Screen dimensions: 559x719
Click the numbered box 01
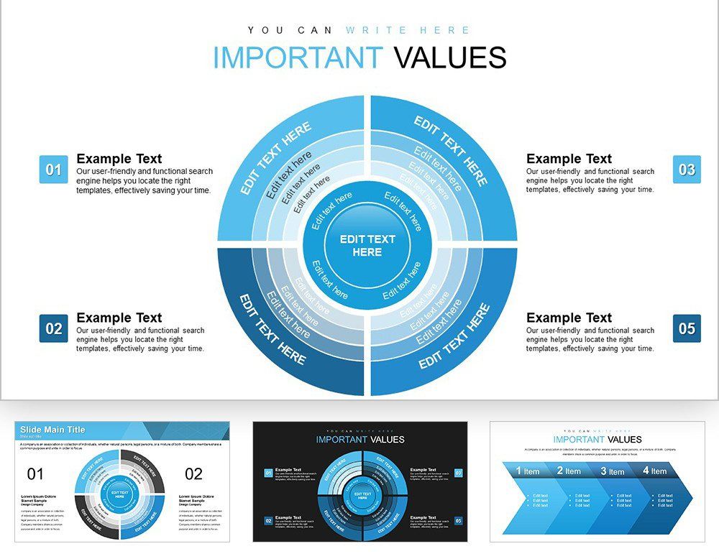pyautogui.click(x=53, y=170)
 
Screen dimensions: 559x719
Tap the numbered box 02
pyautogui.click(x=53, y=328)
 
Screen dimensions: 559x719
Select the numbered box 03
pyautogui.click(x=687, y=170)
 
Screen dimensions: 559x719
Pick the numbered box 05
pyautogui.click(x=687, y=328)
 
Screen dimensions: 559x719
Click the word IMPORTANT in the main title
pyautogui.click(x=298, y=58)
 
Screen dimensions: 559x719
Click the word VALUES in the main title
pyautogui.click(x=450, y=58)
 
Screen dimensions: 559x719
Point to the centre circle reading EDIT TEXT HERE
pyautogui.click(x=367, y=246)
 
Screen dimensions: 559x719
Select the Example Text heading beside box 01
pyautogui.click(x=119, y=159)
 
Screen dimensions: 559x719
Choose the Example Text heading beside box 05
pyautogui.click(x=569, y=318)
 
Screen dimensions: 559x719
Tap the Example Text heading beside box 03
pyautogui.click(x=569, y=159)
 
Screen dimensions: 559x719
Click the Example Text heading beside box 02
pyautogui.click(x=119, y=318)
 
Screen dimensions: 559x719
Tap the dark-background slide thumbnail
pyautogui.click(x=359, y=481)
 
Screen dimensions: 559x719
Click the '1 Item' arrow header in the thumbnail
pyautogui.click(x=527, y=471)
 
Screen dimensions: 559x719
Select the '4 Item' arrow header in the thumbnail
pyautogui.click(x=654, y=471)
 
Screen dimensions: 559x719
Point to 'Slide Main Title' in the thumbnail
pyautogui.click(x=52, y=430)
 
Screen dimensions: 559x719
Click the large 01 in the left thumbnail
pyautogui.click(x=35, y=474)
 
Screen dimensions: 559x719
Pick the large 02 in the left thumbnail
pyautogui.click(x=194, y=474)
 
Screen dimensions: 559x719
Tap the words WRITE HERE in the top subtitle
pyautogui.click(x=408, y=30)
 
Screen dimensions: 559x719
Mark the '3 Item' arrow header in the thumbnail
pyautogui.click(x=613, y=471)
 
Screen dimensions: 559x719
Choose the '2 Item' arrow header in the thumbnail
pyautogui.click(x=569, y=471)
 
